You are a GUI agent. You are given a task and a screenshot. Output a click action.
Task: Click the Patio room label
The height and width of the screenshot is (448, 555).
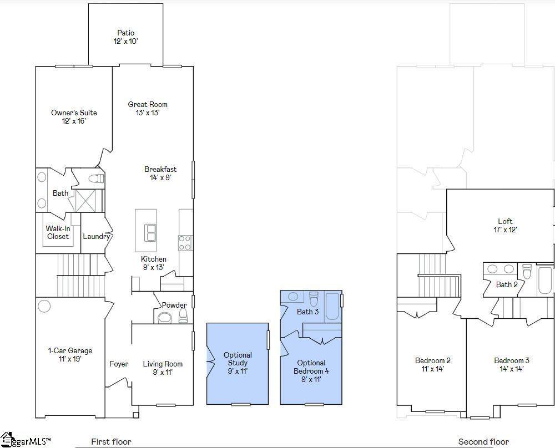[x=125, y=37]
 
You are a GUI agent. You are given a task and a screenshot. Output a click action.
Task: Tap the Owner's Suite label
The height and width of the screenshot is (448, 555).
[x=74, y=116]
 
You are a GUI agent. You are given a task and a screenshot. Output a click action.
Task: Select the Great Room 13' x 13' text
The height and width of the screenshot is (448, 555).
[x=148, y=108]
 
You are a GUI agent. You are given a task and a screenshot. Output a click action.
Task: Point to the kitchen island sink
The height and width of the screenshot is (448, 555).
[x=150, y=233]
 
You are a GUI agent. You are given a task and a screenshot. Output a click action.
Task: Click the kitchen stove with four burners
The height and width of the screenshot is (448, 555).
[x=185, y=243]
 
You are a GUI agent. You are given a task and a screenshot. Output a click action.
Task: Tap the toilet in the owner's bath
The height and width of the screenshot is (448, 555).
[x=96, y=178]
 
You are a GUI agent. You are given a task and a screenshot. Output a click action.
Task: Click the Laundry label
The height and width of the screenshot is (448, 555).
[x=96, y=236]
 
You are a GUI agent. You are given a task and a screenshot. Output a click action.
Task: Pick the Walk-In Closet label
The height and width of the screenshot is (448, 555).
[x=58, y=232]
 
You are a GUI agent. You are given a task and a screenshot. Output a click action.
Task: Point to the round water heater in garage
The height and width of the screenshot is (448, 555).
[x=44, y=306]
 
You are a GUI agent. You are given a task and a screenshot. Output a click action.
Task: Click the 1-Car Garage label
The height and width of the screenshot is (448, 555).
[x=70, y=355]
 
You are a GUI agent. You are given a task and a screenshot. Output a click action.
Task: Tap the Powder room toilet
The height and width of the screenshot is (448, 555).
[x=183, y=315]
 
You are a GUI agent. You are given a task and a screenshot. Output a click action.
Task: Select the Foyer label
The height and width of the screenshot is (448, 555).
[x=119, y=364]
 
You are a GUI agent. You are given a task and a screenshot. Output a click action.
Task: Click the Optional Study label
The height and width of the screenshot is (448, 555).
[x=238, y=363]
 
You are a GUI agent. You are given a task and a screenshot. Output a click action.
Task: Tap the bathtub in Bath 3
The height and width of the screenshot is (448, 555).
[x=332, y=307]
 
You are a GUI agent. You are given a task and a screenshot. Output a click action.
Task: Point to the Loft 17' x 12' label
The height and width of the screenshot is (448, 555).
[x=505, y=225]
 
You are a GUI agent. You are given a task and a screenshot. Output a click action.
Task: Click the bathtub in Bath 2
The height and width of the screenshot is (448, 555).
[x=545, y=281]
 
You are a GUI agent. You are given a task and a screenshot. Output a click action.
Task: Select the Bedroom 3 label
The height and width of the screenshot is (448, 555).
[x=512, y=364]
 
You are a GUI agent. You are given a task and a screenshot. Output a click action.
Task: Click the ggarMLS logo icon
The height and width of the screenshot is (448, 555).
[x=6, y=440]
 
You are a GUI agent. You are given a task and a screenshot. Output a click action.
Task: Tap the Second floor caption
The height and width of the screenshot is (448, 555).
[x=483, y=442]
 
